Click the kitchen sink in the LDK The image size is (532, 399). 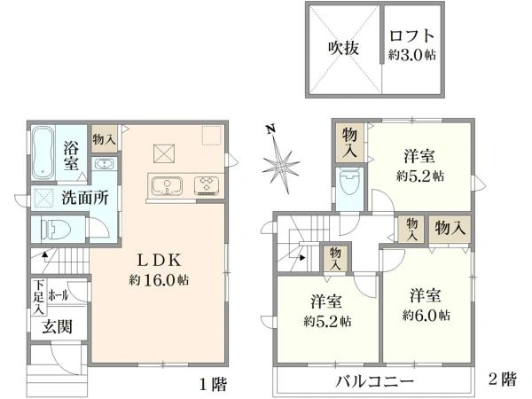point(165,186)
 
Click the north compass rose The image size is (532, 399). point(282,166)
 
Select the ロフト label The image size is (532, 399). point(412,36)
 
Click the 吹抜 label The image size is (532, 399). point(343,48)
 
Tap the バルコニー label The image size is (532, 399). point(374,382)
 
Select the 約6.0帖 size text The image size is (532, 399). point(426,315)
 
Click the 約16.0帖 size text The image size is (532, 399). point(160,279)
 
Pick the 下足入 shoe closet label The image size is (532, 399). point(39,297)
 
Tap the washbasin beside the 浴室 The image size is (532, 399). point(103,165)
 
